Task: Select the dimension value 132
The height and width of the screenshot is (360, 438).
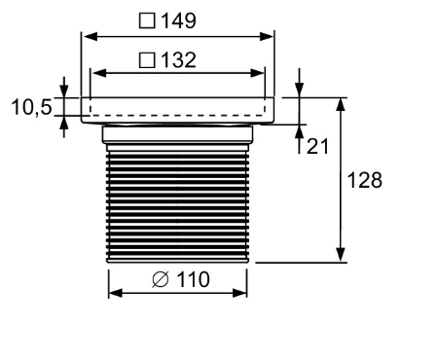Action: pyautogui.click(x=180, y=60)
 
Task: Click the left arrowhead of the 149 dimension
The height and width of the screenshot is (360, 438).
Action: pyautogui.click(x=85, y=37)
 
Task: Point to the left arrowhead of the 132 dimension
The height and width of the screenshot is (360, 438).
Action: pyautogui.click(x=94, y=73)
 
